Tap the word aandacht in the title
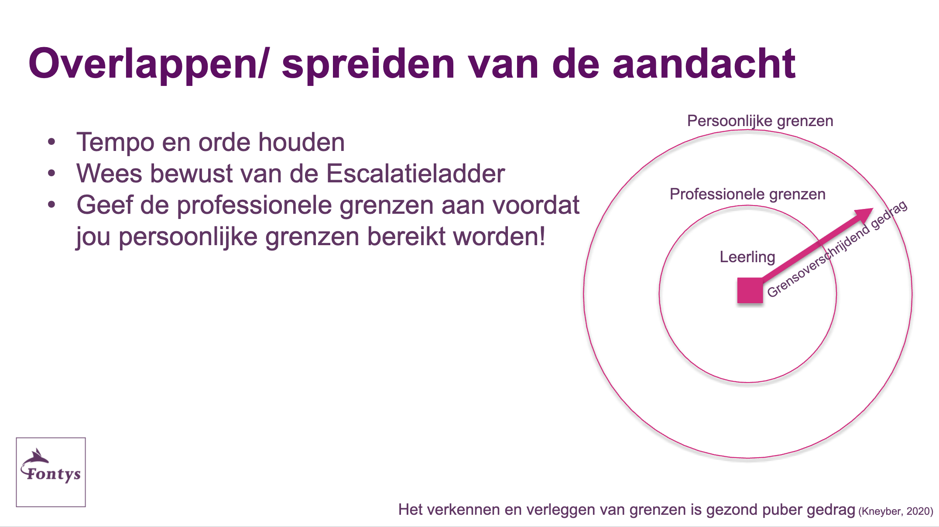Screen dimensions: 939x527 (704, 64)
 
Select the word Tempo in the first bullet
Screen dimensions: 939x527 (115, 143)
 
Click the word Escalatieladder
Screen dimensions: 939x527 (415, 174)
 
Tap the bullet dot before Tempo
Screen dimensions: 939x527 (52, 142)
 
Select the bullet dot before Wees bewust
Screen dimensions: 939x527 (52, 173)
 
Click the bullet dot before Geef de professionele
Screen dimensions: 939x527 (52, 205)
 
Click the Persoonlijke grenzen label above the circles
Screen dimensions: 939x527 (760, 121)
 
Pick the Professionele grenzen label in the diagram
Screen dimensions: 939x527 (747, 194)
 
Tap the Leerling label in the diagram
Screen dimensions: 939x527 (747, 257)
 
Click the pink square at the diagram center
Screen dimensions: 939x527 (750, 291)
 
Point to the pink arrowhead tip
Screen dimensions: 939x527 (873, 209)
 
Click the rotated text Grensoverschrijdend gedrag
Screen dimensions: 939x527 (837, 249)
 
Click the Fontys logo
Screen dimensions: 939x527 (51, 472)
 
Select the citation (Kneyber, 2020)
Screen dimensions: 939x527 (896, 511)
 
